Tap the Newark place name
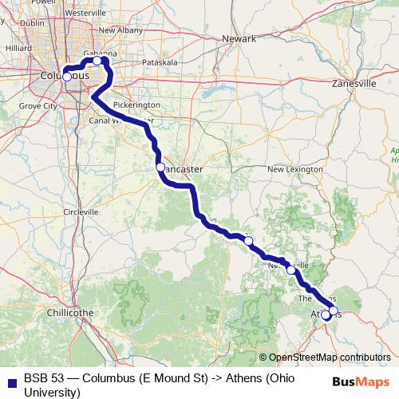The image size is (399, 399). [x=239, y=38]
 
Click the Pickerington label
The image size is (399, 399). [x=137, y=105]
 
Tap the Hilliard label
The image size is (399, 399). [x=17, y=48]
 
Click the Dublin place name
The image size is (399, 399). [x=34, y=23]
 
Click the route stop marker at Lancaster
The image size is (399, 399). [x=160, y=167]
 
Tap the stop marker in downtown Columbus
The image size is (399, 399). [x=67, y=77]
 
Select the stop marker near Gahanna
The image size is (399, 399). [x=97, y=61]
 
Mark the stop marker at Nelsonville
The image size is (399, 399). [x=291, y=270]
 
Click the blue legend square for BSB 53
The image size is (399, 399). [x=12, y=377]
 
